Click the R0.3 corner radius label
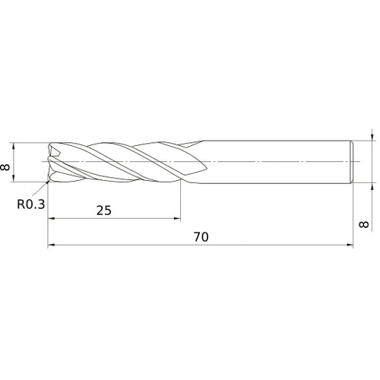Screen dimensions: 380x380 [x=30, y=203]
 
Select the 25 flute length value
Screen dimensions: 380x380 [x=104, y=211]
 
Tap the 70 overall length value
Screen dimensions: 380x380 [x=201, y=237]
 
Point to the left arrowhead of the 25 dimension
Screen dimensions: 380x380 [x=50, y=219]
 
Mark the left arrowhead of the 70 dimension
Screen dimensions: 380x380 [x=50, y=245]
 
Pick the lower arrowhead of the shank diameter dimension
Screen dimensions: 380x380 [x=372, y=185]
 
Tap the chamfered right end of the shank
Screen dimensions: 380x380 [x=353, y=162]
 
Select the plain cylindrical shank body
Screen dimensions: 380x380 [x=274, y=162]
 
